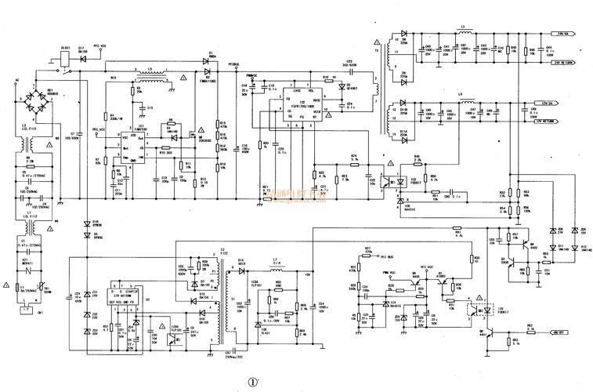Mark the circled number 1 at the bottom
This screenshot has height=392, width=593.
252,383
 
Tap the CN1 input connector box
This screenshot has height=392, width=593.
28,311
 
